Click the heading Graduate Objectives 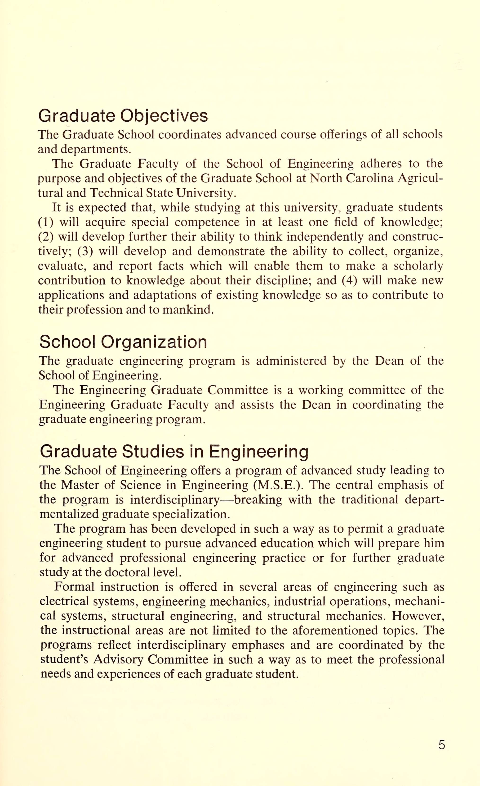click(x=123, y=116)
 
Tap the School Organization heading click(x=123, y=342)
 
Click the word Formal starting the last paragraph click(x=74, y=587)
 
